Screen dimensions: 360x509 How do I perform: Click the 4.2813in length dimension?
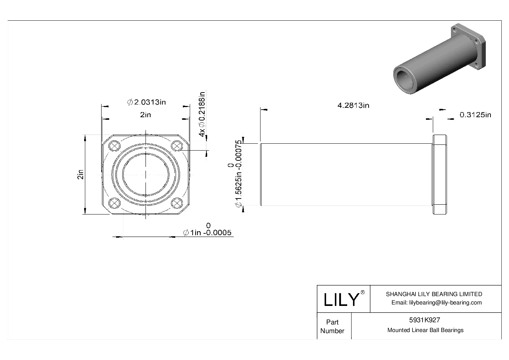click(x=353, y=106)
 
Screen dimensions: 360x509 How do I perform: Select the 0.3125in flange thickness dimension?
click(x=475, y=115)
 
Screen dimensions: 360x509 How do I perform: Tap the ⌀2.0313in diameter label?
click(x=146, y=102)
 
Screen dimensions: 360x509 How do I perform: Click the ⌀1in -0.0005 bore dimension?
click(x=208, y=233)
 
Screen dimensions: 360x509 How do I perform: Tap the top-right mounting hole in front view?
click(x=177, y=146)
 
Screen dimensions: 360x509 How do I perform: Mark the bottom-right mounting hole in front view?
click(x=177, y=203)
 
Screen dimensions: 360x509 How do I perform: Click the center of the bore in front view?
click(x=146, y=175)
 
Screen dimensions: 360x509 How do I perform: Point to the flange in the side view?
click(x=439, y=175)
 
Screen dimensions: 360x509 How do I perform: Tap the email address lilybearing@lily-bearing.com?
click(x=436, y=303)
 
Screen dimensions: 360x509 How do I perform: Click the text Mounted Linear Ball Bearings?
click(x=425, y=330)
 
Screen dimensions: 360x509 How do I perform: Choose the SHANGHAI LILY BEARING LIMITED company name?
click(x=434, y=294)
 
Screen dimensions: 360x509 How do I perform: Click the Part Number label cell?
click(x=332, y=326)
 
